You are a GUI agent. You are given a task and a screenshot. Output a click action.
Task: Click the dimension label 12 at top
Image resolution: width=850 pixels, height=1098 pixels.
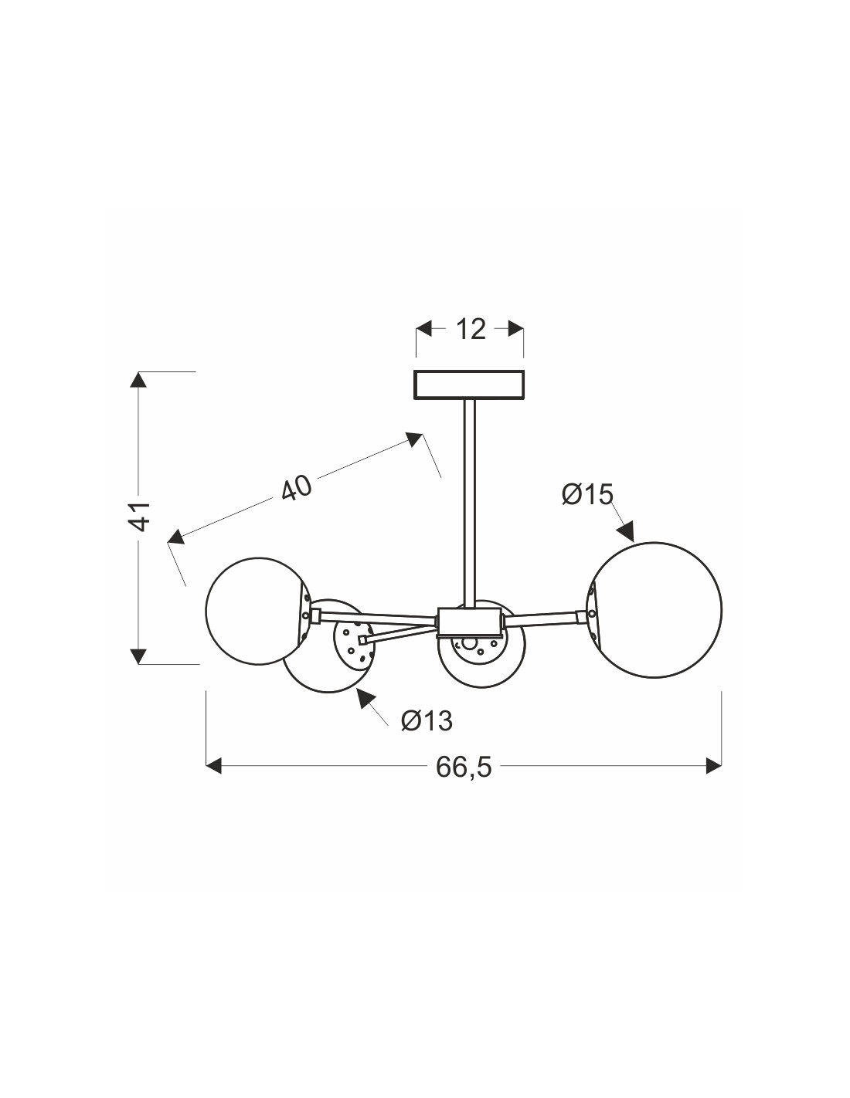(x=471, y=330)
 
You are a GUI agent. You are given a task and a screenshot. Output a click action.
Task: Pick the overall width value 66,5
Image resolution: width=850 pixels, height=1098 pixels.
(x=464, y=781)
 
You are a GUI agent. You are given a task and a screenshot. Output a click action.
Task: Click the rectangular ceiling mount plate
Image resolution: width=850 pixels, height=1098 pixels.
(x=469, y=385)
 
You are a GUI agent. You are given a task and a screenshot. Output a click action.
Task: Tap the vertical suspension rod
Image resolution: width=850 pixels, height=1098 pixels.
(x=469, y=503)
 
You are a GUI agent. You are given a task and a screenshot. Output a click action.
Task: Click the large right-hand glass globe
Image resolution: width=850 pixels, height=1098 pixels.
(x=654, y=610)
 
